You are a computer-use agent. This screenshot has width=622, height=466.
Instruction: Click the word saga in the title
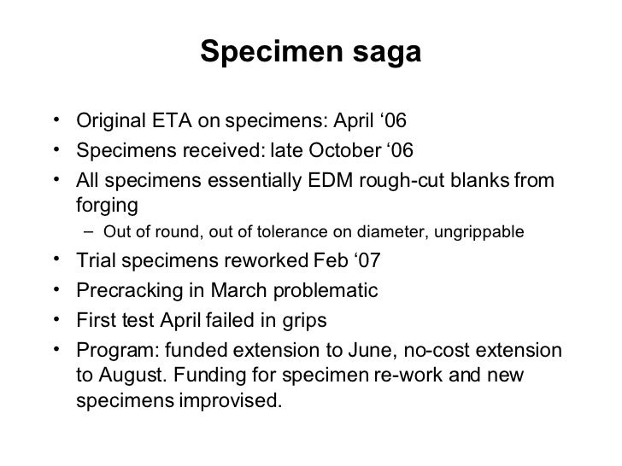(390, 54)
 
